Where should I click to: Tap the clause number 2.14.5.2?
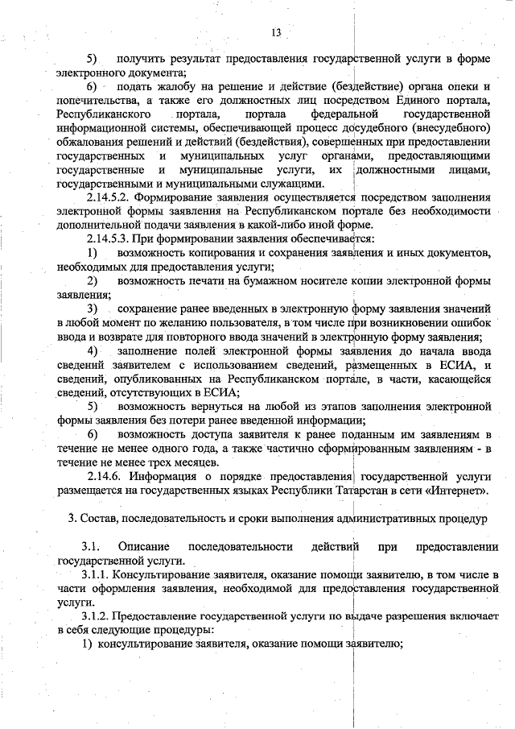[x=108, y=197]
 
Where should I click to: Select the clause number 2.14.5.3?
[x=108, y=239]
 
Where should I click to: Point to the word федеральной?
[x=344, y=113]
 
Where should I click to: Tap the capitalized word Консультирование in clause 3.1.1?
[x=167, y=574]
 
